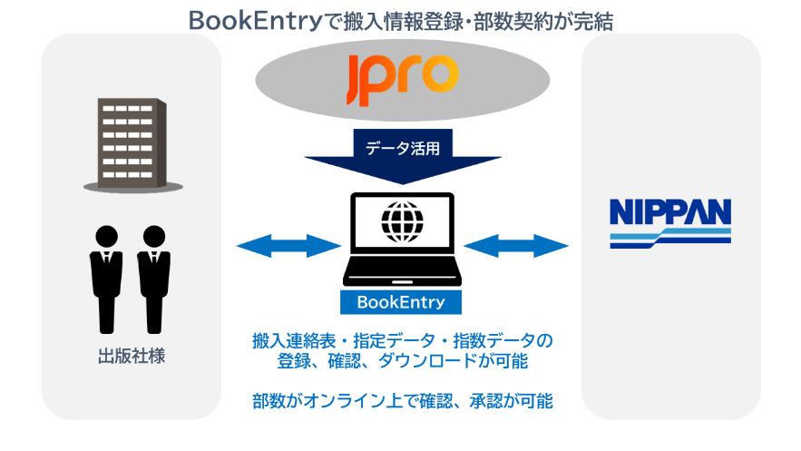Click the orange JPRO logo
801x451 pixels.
coord(401,77)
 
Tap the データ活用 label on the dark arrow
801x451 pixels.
coord(401,146)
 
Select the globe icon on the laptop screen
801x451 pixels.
coord(400,218)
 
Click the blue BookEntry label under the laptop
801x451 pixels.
coord(400,301)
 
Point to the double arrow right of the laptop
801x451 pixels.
coord(515,244)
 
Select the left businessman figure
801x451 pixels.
coord(106,272)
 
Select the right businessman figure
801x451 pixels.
coord(154,272)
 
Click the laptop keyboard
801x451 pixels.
coord(400,270)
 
